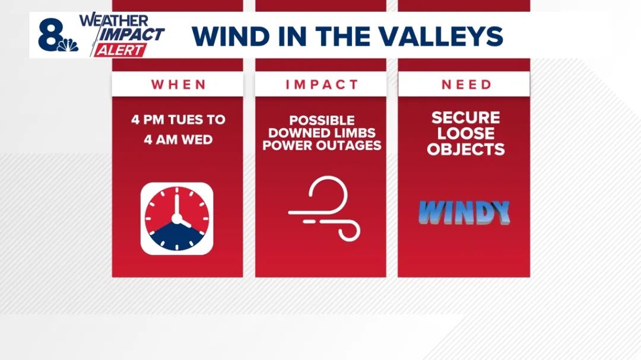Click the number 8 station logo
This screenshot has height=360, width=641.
(x=50, y=35)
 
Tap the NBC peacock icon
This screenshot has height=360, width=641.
(x=68, y=45)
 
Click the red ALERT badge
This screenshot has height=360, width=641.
(x=120, y=50)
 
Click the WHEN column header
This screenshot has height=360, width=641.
(x=179, y=85)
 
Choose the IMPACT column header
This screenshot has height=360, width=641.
(x=322, y=85)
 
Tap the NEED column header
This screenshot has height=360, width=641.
(x=466, y=85)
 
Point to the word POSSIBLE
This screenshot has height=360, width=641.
(x=322, y=120)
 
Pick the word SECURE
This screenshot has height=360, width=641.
(x=466, y=117)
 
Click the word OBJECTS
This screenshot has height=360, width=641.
(x=466, y=149)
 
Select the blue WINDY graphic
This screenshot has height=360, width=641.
(x=464, y=212)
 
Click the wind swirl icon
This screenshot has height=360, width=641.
(x=324, y=208)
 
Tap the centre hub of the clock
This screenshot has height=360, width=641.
(x=177, y=219)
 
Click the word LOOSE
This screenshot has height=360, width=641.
(x=466, y=133)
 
